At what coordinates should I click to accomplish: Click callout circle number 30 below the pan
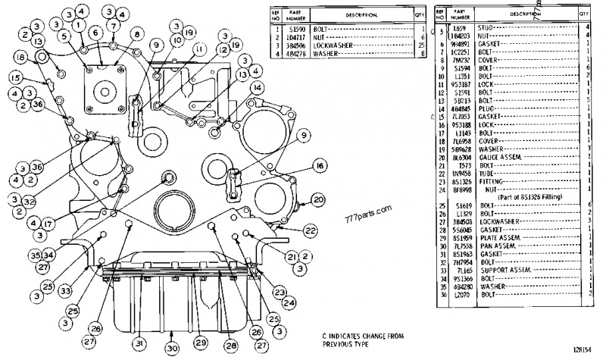click(172, 348)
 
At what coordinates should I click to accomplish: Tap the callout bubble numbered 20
click(318, 199)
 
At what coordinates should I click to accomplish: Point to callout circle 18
click(20, 58)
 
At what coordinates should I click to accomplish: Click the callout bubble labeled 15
click(14, 77)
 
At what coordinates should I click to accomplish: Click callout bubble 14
click(258, 89)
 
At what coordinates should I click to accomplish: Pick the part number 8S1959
click(462, 239)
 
